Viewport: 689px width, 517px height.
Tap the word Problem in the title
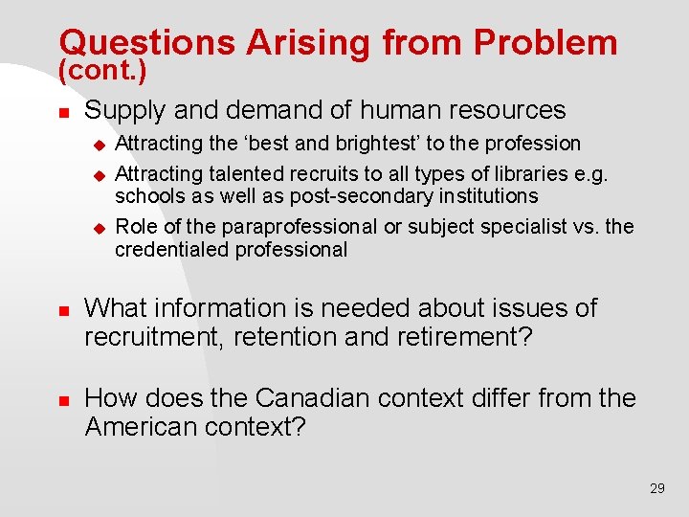(x=545, y=42)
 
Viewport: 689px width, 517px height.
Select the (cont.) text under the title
(x=102, y=70)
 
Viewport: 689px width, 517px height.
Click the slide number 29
(x=656, y=488)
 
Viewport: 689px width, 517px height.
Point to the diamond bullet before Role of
(x=97, y=228)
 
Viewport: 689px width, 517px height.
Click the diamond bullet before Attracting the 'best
(x=97, y=145)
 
